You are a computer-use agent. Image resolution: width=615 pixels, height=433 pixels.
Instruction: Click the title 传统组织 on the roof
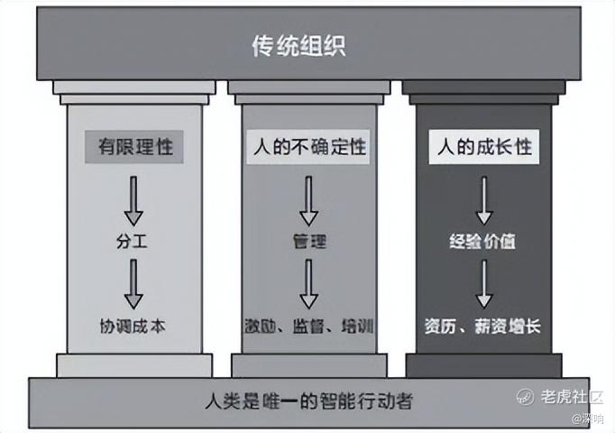point(298,46)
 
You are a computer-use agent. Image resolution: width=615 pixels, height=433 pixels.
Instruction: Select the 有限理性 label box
point(134,147)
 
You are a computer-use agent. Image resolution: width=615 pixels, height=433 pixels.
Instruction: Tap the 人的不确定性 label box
point(308,147)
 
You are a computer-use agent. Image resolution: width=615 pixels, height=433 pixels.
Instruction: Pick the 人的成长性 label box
point(483,147)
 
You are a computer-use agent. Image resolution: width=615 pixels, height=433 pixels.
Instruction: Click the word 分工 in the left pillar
point(132,241)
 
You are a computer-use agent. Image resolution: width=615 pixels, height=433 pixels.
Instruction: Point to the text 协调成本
point(133,326)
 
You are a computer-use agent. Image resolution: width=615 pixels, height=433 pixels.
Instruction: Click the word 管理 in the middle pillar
point(309,241)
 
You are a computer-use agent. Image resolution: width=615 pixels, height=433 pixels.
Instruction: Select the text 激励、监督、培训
point(308,326)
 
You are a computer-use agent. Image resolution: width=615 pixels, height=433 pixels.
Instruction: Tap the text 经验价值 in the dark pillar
point(482,241)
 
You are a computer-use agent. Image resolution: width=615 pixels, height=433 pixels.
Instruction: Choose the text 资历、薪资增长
point(482,327)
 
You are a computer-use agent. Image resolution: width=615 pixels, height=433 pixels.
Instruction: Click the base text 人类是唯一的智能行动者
point(309,401)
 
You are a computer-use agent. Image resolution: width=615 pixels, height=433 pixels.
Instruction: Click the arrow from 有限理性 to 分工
point(133,201)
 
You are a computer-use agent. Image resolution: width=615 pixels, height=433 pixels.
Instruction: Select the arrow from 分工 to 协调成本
point(133,284)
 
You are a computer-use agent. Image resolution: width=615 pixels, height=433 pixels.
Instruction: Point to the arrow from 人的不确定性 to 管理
point(308,201)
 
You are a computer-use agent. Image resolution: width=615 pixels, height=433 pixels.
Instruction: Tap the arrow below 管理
point(308,284)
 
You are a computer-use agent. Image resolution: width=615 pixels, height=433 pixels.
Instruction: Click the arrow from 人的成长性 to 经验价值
point(484,201)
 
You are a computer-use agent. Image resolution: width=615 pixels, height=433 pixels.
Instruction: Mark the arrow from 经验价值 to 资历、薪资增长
point(484,284)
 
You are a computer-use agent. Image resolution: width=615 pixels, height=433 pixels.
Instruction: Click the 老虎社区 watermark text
point(572,397)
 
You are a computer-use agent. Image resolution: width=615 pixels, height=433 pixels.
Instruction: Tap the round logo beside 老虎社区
point(525,397)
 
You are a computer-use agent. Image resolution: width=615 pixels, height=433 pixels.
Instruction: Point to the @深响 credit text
point(588,419)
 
